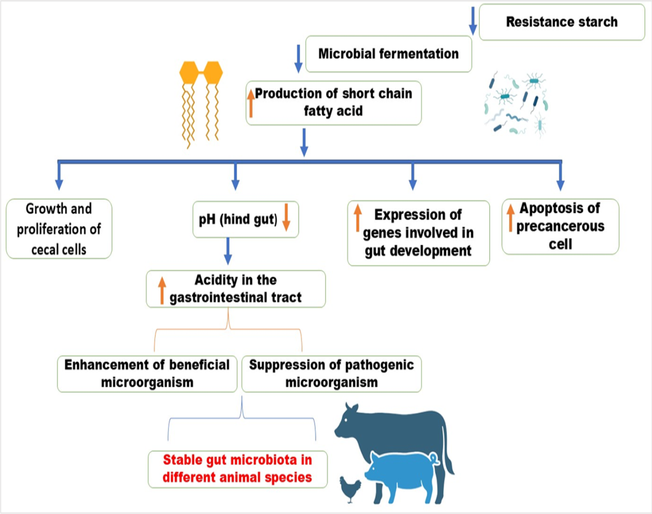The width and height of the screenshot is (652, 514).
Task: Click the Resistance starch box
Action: coord(562,22)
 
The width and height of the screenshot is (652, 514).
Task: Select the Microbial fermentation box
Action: coord(388,54)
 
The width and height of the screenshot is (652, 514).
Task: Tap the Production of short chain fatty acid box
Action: coord(334,103)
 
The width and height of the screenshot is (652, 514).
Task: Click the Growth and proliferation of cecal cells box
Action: coord(59,229)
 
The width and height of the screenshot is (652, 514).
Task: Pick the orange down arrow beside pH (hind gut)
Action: coord(286,217)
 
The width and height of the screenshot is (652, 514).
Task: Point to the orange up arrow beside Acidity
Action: coord(162,290)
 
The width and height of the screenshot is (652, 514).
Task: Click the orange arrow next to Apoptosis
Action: coord(511,218)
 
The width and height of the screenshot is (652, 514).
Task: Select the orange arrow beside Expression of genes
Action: coord(358,218)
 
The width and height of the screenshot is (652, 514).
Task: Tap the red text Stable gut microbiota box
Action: coord(238,469)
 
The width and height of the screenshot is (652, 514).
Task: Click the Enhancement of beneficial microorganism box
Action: coord(147,373)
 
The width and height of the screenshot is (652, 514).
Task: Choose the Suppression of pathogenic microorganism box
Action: coord(331,373)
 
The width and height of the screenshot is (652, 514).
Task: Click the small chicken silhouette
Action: coord(350,489)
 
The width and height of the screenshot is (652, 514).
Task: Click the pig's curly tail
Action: coord(435,459)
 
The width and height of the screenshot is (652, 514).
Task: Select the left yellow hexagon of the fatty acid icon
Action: coord(189,72)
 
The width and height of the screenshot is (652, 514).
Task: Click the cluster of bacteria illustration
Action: coord(516,104)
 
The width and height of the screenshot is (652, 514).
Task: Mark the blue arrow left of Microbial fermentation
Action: coord(298,59)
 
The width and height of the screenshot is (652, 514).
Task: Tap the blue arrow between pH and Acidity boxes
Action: coord(227,251)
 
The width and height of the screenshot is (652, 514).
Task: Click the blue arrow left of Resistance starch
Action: coord(473,21)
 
